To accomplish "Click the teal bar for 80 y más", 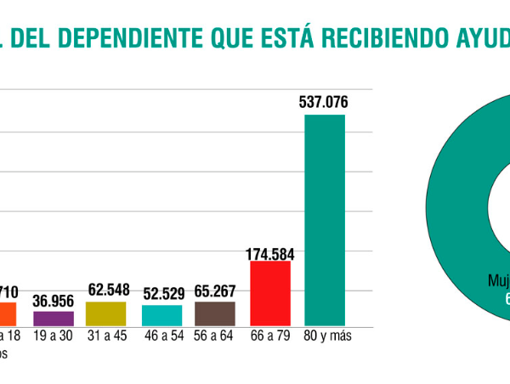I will point(325,219).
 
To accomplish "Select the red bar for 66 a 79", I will point(270,293).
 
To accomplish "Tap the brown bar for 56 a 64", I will point(215,313).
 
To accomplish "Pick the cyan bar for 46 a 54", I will point(161,315).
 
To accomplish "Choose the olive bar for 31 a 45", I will point(106,313).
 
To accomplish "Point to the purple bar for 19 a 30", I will point(54,319).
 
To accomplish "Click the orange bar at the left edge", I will point(8,314).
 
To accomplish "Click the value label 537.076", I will point(324,103).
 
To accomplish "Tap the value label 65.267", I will point(215,291).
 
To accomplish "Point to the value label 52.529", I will point(161,295).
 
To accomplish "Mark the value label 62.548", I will point(107,291).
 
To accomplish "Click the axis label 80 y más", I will point(326,336).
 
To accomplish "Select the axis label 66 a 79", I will point(271,336).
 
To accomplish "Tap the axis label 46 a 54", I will point(161,336).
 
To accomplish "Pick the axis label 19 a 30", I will point(54,336).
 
